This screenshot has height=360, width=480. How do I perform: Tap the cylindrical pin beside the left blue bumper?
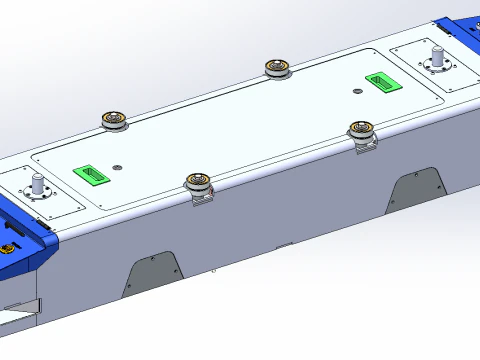[x=39, y=185]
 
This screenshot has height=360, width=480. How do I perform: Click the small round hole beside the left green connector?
[x=118, y=166]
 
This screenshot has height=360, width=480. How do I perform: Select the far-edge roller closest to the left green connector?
[x=114, y=120]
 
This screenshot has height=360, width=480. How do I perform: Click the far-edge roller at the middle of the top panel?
[x=277, y=68]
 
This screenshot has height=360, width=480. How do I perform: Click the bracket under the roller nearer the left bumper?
[x=205, y=198]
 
